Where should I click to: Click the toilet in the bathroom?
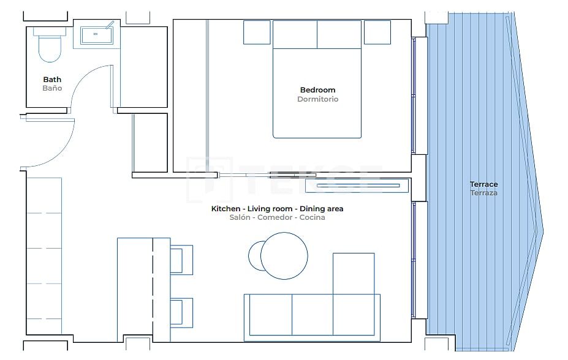click(50, 47)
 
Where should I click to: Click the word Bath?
click(52, 80)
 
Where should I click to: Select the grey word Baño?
click(52, 88)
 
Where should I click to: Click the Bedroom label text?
click(317, 90)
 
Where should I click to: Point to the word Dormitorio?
click(317, 99)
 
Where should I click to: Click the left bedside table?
click(257, 32)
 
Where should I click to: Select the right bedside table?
click(377, 32)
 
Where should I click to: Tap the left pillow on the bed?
click(295, 35)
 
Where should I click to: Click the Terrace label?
click(483, 184)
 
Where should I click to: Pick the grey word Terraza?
click(483, 193)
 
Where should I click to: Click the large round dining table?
click(284, 256)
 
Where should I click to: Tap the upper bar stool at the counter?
click(182, 259)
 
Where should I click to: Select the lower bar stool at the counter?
click(182, 312)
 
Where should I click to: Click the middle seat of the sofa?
click(312, 314)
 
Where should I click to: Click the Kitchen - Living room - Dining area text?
click(277, 209)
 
